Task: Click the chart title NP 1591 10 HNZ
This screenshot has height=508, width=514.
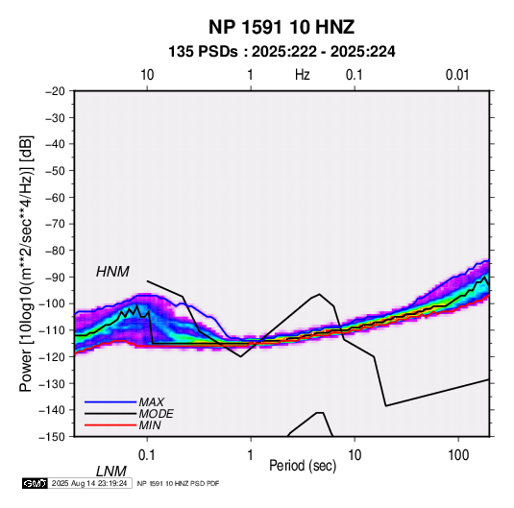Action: coord(281,27)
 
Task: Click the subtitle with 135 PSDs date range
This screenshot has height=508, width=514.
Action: coord(281,52)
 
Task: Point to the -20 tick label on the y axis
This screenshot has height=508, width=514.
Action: coord(55,91)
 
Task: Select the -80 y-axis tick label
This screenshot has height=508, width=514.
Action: coord(55,251)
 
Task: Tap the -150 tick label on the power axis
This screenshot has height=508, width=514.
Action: coord(52,437)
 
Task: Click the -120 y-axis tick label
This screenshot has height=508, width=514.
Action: coord(52,356)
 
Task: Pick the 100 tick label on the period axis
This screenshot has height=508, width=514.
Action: coord(458,455)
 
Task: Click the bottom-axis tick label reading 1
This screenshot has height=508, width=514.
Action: coord(251,455)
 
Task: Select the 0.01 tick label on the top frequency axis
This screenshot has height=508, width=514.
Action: coord(457,75)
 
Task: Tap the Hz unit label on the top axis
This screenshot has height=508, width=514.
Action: coord(303,75)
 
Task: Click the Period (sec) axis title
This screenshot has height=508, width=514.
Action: coord(303,466)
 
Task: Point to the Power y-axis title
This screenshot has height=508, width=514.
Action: coord(26,263)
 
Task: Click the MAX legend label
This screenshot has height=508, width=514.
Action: coord(152,401)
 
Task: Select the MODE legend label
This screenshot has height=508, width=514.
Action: coord(156,414)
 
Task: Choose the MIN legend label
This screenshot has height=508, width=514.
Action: coord(150,425)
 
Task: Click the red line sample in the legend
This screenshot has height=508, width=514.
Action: coord(110,425)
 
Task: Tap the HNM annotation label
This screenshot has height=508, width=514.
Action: coord(112,272)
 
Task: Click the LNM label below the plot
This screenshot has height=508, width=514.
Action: coord(111,472)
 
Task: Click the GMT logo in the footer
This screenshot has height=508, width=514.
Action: coord(36,483)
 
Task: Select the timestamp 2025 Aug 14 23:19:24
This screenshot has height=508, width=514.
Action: coord(89,483)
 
